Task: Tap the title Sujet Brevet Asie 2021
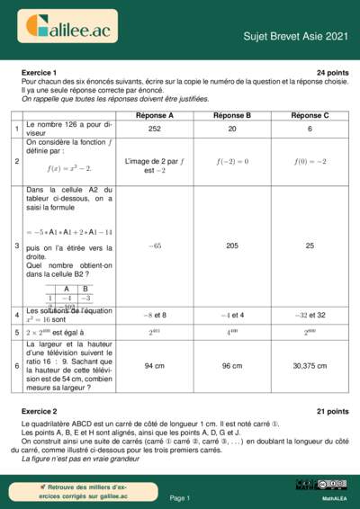(295, 36)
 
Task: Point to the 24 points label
(332, 72)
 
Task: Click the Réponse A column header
(155, 116)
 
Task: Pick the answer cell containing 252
(155, 129)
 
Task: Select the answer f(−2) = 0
(232, 161)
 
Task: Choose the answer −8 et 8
(155, 316)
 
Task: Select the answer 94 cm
(155, 366)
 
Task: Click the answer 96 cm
(232, 366)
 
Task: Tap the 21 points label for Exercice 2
(332, 411)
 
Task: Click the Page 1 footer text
(180, 497)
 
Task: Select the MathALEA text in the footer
(335, 497)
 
